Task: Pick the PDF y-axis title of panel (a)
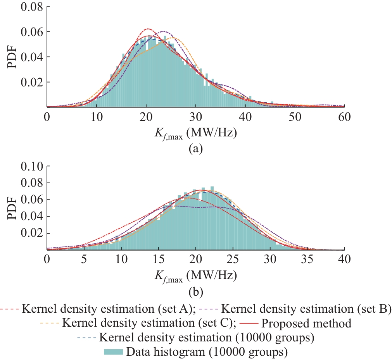[12, 57]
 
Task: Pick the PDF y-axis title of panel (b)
[12, 208]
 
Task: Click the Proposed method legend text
[306, 323]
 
